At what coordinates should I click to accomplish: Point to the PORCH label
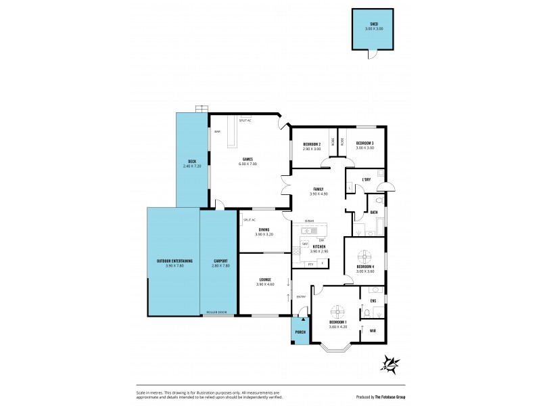point(300,332)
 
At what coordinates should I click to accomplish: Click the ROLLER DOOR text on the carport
point(218,313)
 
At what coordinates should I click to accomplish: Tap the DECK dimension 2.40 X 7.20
point(187,165)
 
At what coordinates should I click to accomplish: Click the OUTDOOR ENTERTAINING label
point(174,261)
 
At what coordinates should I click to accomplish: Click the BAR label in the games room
point(217,131)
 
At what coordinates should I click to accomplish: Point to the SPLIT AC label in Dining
point(248,220)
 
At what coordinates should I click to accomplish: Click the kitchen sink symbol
point(306,231)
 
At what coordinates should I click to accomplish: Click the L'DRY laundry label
point(366,179)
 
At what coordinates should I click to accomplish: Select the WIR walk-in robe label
point(373,331)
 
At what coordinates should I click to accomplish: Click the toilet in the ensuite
point(366,313)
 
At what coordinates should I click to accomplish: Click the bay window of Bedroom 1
point(337,349)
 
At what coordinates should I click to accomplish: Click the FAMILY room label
point(317,189)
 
